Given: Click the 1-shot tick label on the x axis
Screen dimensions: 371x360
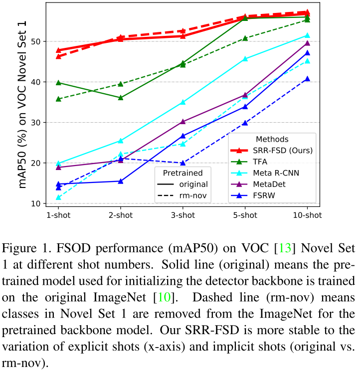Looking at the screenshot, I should pyautogui.click(x=58, y=215).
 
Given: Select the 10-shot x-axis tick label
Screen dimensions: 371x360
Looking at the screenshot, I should pyautogui.click(x=307, y=215).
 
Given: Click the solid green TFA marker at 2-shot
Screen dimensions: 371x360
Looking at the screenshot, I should pyautogui.click(x=121, y=98).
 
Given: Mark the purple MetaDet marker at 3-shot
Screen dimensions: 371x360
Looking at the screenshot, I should pyautogui.click(x=183, y=122).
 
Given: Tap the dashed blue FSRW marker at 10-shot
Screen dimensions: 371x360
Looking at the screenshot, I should pyautogui.click(x=307, y=79).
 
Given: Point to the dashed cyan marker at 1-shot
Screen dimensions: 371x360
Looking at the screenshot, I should pyautogui.click(x=58, y=197).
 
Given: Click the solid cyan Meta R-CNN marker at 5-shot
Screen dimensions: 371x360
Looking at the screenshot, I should pyautogui.click(x=245, y=59).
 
